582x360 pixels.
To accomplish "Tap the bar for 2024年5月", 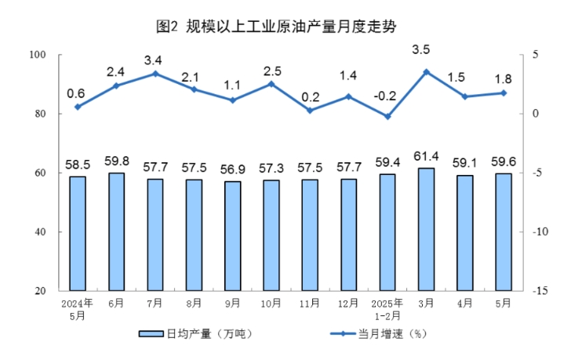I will point(78,233).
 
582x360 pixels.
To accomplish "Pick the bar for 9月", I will point(232,235).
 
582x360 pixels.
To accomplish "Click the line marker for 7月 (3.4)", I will point(155,74).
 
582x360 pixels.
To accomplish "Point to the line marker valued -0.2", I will point(387,116).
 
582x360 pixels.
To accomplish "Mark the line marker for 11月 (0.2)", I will point(310,111).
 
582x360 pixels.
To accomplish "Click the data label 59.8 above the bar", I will point(116,161).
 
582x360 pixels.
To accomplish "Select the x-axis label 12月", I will point(348,304).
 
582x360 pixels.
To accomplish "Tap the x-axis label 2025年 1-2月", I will point(387,308).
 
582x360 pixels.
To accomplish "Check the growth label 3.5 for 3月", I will point(426,49).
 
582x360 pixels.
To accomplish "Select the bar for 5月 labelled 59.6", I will point(504,231).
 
